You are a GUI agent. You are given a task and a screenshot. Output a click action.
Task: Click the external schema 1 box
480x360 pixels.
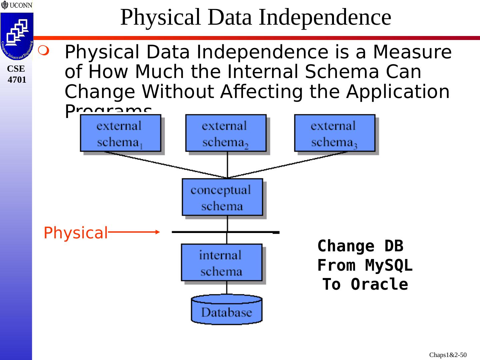coord(120,133)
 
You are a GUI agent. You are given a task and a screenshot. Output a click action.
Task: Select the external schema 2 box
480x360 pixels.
coord(226,133)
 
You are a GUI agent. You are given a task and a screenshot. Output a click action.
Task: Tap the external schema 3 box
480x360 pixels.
coord(334,133)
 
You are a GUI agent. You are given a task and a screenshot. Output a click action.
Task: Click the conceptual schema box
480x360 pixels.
coord(222,197)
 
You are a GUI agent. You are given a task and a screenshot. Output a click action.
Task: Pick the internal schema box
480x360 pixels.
coord(221,262)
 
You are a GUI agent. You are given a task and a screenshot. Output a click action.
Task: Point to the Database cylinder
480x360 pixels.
coord(227,310)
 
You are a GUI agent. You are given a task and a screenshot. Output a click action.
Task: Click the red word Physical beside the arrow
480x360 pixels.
coord(76,233)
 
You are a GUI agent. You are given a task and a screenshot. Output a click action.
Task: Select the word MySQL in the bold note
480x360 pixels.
coord(389,265)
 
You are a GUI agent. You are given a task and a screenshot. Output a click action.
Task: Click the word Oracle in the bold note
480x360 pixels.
coord(379,284)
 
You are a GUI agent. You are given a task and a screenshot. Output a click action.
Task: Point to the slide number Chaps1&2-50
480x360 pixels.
coord(448,355)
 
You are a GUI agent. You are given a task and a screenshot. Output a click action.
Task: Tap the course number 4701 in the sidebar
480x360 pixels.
coord(17,80)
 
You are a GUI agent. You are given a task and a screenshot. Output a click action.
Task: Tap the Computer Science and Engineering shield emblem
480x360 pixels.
coord(17,36)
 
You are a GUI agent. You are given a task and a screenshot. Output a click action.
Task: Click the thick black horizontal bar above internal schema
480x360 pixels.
coord(225,232)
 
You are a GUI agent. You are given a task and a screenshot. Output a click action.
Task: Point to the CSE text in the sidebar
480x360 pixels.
coord(16,69)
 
